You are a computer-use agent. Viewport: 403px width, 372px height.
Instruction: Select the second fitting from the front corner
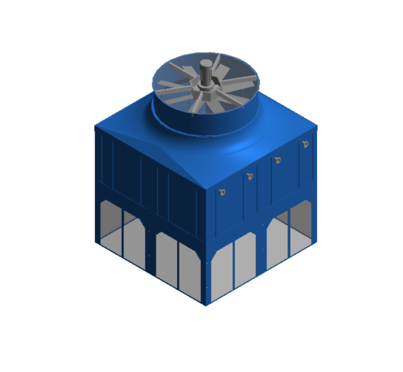(250, 176)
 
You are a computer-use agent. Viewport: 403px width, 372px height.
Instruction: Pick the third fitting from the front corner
(277, 160)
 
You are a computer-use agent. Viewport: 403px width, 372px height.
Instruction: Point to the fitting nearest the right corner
(304, 144)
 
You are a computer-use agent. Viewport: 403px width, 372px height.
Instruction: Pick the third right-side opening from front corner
(278, 237)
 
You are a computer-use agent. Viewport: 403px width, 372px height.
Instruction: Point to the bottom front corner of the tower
(206, 305)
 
